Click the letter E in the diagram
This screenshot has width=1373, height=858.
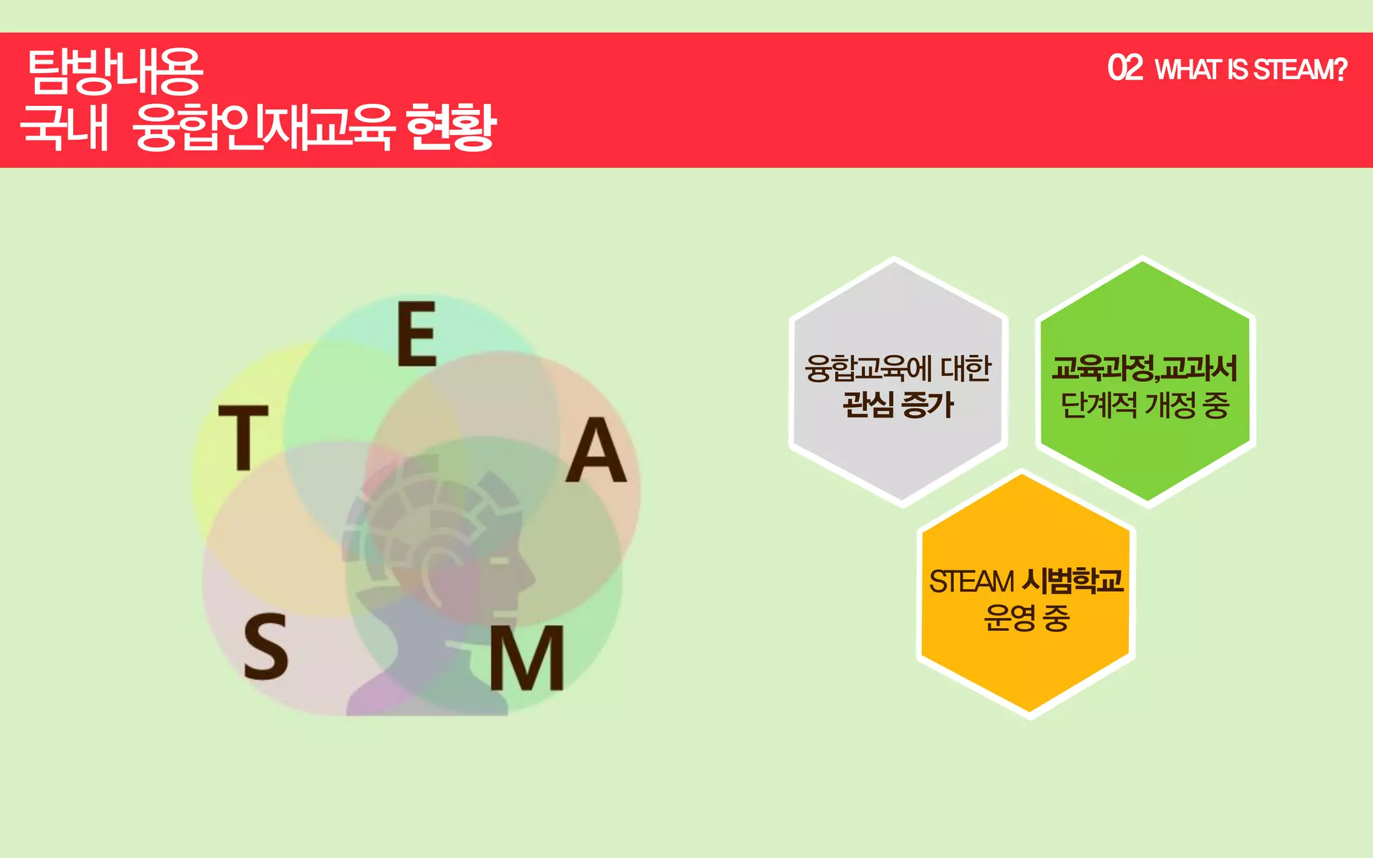point(417,333)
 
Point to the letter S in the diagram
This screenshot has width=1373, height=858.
point(265,647)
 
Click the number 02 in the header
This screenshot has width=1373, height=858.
point(1125,68)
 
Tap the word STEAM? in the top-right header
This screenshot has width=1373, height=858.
point(1300,70)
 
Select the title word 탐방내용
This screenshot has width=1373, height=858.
point(115,71)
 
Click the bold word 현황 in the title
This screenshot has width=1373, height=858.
point(451,127)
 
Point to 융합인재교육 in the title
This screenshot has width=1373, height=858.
point(263,127)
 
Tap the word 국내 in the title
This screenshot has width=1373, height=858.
point(64,127)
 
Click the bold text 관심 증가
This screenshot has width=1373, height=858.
point(898,405)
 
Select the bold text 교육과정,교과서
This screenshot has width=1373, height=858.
point(1144,368)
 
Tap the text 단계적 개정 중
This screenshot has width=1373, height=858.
point(1144,405)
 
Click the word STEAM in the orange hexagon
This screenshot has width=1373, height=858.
point(971,581)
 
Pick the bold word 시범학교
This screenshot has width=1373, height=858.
point(1072,580)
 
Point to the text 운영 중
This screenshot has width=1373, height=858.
point(1026,617)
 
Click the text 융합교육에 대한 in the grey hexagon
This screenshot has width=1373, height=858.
point(898,368)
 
